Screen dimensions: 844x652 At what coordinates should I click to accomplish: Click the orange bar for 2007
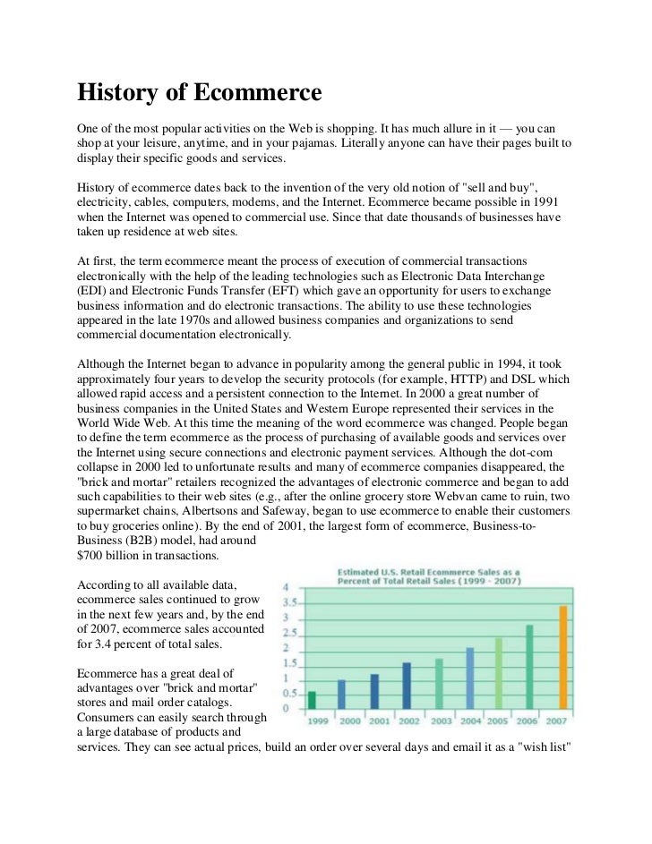coord(563,657)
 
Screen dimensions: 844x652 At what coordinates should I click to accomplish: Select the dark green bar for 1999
coord(312,699)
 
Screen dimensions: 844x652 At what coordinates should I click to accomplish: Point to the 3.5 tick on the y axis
coord(291,602)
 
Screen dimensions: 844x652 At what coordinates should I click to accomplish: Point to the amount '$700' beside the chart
coord(93,556)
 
